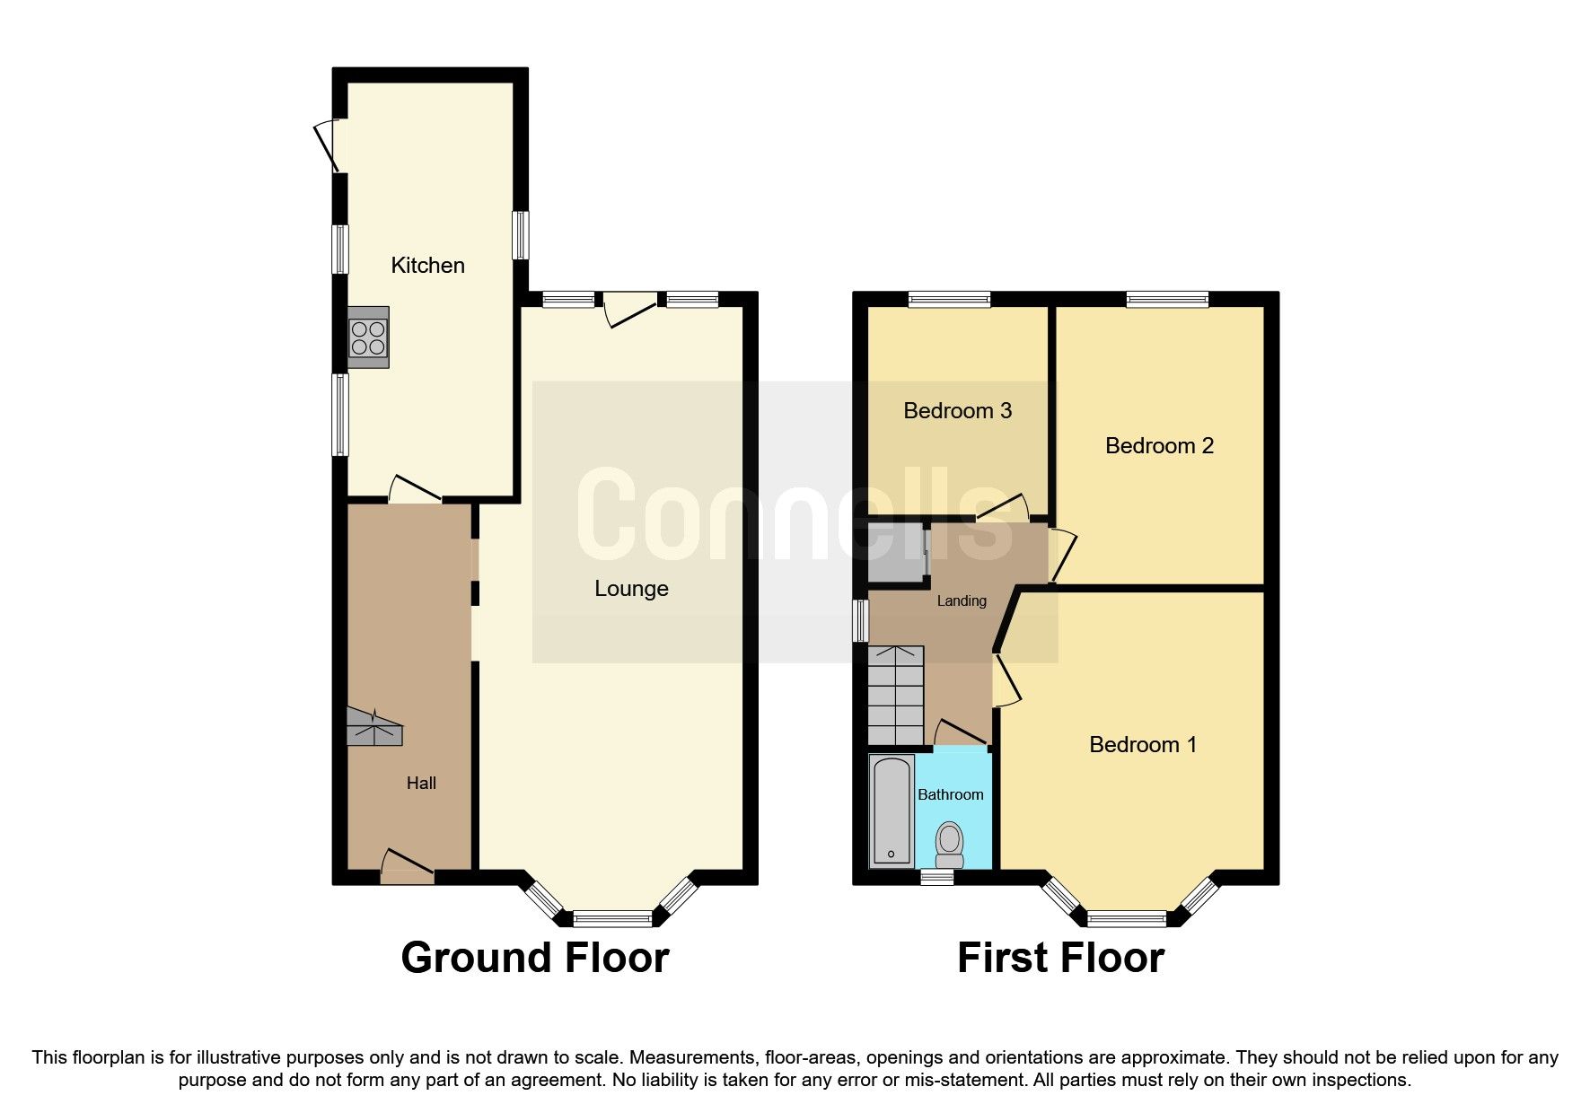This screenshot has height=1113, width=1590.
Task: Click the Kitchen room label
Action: pyautogui.click(x=427, y=265)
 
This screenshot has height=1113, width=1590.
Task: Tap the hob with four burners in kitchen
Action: pyautogui.click(x=368, y=337)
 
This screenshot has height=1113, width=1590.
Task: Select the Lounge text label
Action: pyautogui.click(x=631, y=589)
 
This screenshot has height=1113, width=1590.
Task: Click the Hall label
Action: pyautogui.click(x=421, y=783)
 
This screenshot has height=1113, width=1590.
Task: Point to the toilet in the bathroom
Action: pyautogui.click(x=949, y=845)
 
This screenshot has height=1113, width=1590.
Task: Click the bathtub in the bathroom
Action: pyautogui.click(x=891, y=811)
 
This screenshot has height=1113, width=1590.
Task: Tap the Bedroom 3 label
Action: pyautogui.click(x=957, y=411)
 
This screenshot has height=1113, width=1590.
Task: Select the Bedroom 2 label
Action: pyautogui.click(x=1158, y=446)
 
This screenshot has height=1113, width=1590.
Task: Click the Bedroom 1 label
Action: pyautogui.click(x=1142, y=744)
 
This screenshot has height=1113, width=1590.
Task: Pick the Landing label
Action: pyautogui.click(x=962, y=601)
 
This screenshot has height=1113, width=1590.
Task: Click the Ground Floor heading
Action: pyautogui.click(x=535, y=958)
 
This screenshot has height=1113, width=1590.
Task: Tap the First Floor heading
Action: pyautogui.click(x=1060, y=958)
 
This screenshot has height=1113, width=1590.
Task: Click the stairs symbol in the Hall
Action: pyautogui.click(x=374, y=728)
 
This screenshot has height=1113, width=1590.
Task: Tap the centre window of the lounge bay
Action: pyautogui.click(x=613, y=918)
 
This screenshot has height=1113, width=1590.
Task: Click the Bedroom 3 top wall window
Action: pyautogui.click(x=949, y=300)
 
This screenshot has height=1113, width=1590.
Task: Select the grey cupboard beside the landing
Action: pyautogui.click(x=896, y=553)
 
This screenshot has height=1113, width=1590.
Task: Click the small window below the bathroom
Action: pyautogui.click(x=937, y=877)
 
